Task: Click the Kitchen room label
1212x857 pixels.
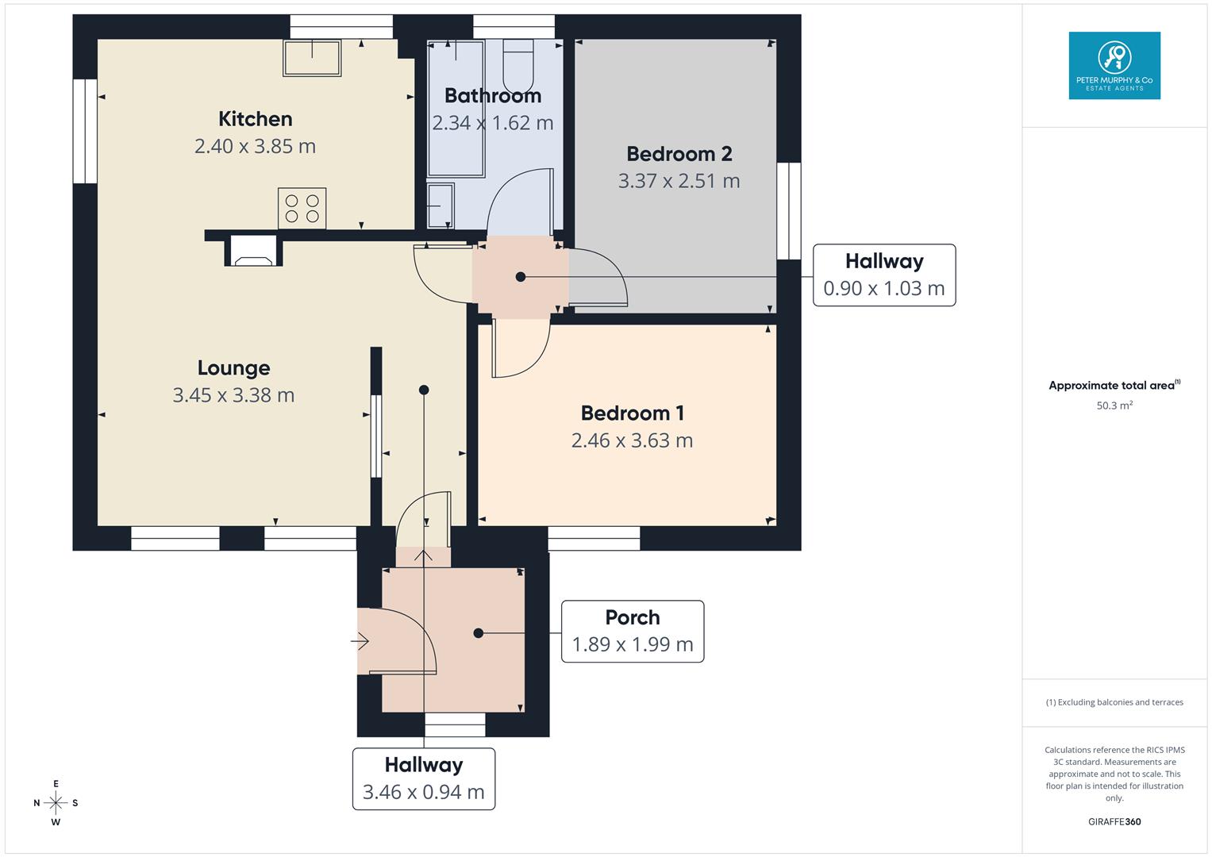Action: click(x=255, y=119)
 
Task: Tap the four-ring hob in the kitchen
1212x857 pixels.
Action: click(x=302, y=208)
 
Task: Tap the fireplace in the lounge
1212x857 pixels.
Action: click(x=254, y=252)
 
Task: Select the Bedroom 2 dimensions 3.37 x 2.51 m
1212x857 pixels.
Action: click(x=679, y=181)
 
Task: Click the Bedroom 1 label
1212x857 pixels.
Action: click(x=632, y=413)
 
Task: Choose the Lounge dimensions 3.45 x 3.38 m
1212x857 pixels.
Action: click(x=233, y=395)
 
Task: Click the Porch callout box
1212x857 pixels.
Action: click(x=633, y=632)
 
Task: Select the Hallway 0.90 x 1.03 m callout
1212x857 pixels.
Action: click(x=884, y=275)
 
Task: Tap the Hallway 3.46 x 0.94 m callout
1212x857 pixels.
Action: click(x=424, y=778)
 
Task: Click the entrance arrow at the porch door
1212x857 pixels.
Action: click(x=361, y=640)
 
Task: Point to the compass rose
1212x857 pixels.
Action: click(x=56, y=803)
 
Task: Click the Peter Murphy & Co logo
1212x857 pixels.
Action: click(x=1114, y=65)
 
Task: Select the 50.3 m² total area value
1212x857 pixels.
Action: click(x=1114, y=405)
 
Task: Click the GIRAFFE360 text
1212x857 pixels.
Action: click(x=1114, y=821)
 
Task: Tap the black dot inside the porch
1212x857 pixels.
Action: click(x=479, y=633)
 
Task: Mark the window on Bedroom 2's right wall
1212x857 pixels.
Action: click(x=788, y=211)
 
